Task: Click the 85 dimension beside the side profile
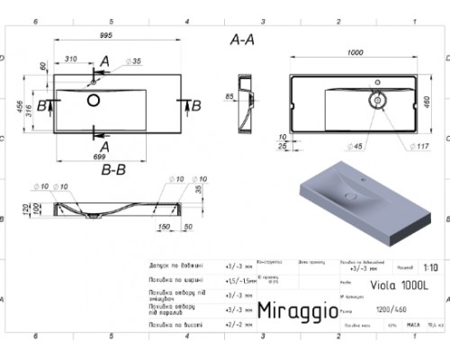pyautogui.click(x=230, y=95)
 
